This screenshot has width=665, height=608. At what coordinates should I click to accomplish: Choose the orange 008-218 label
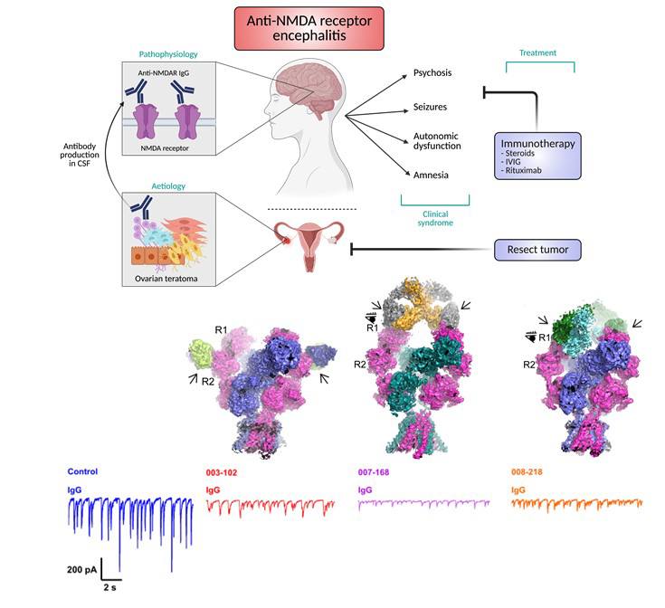pos(530,472)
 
